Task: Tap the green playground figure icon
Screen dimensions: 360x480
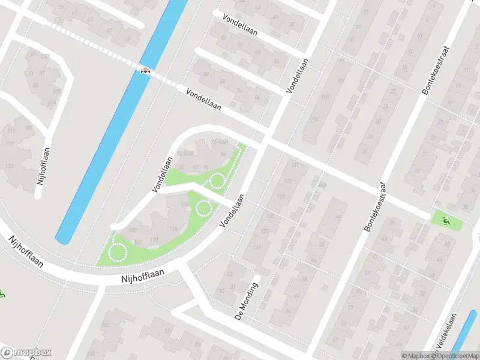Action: [445, 220]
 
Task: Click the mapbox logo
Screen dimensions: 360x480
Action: [26, 353]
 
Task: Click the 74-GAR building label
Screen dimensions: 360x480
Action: [185, 154]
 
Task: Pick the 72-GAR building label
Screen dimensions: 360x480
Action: [220, 143]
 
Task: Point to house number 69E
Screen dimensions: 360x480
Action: [58, 91]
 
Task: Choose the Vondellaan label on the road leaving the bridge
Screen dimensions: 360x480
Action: [203, 100]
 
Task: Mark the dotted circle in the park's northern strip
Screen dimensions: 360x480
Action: [216, 180]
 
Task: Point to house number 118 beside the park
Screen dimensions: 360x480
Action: [174, 229]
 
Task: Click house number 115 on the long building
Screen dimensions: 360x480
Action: [313, 120]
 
